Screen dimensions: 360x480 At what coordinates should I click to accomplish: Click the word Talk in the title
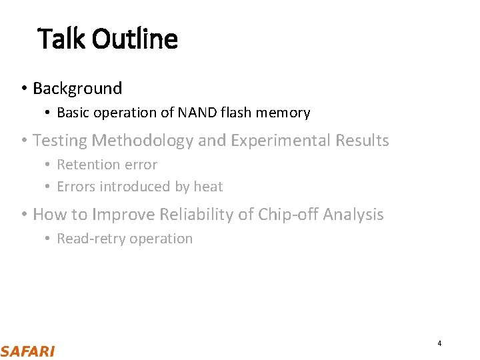[62, 39]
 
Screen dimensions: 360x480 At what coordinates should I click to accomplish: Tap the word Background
[77, 89]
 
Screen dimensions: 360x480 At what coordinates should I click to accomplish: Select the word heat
[208, 187]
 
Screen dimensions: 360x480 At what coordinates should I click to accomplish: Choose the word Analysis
[353, 215]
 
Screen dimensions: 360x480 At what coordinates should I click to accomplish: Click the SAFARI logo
[27, 351]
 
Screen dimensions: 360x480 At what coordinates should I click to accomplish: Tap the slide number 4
[439, 343]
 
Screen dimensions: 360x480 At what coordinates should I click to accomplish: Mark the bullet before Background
[23, 89]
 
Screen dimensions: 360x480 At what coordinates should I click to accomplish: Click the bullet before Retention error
[48, 165]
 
